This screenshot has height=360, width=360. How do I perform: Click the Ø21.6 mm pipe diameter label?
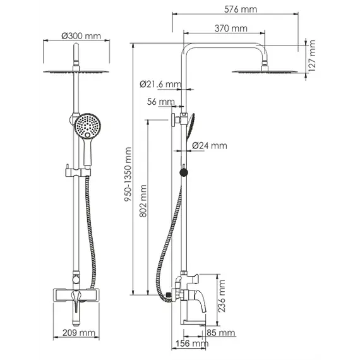click(x=160, y=84)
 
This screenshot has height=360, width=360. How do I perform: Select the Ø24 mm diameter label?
click(x=209, y=146)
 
